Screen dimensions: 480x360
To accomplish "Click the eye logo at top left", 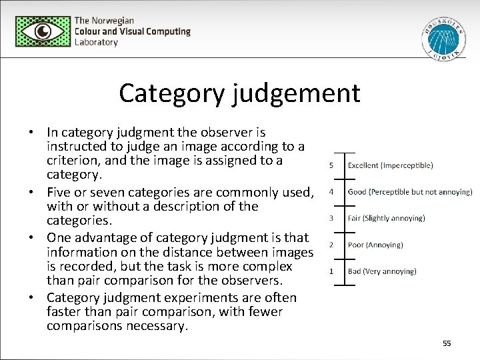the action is click(x=42, y=31).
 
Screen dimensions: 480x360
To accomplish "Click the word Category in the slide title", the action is click(x=173, y=93).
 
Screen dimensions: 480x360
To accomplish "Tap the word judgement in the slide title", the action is click(x=297, y=93).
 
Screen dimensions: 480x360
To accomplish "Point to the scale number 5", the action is click(x=331, y=165).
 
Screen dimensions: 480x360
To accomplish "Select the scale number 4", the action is click(x=331, y=192).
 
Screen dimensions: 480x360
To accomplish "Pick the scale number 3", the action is click(x=331, y=218).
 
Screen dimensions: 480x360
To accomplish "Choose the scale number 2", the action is click(x=331, y=245).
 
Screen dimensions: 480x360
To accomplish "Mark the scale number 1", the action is click(x=331, y=271).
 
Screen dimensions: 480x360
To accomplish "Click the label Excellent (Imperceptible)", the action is click(x=390, y=165).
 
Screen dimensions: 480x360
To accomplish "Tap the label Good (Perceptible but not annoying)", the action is click(x=409, y=192).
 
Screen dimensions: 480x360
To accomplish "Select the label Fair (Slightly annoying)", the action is click(x=386, y=218).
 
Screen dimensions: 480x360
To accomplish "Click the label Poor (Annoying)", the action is click(x=375, y=245).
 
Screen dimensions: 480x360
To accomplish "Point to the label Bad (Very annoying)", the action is click(x=382, y=271).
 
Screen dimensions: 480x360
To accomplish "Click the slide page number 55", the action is click(x=447, y=343).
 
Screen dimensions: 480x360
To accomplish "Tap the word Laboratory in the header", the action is click(x=96, y=42).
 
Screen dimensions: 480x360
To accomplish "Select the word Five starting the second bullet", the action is click(x=59, y=192).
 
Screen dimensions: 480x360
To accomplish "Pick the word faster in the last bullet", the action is click(x=65, y=311).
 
